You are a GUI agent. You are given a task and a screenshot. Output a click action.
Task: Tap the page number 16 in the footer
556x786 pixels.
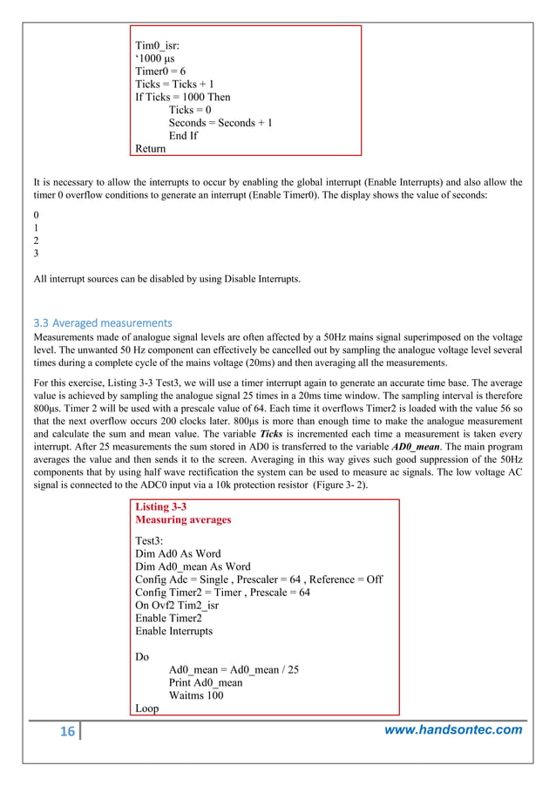(x=67, y=732)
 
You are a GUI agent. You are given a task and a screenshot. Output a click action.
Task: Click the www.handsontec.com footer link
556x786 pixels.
(x=453, y=730)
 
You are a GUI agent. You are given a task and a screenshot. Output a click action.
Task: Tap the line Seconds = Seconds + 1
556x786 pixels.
(x=220, y=123)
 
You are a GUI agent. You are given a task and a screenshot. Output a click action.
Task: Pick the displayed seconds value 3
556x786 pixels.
(x=36, y=254)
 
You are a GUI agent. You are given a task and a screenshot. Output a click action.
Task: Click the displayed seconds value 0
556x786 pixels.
(x=36, y=214)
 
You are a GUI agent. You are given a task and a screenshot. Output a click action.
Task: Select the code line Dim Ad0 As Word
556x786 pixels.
(x=178, y=553)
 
